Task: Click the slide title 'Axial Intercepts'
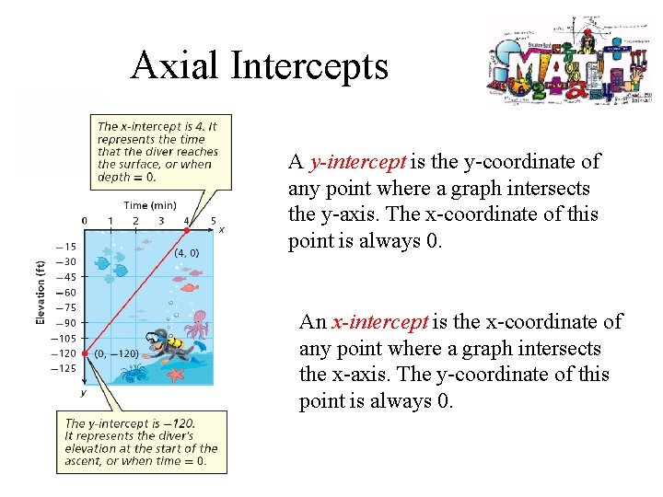[260, 66]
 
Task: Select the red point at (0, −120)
[85, 353]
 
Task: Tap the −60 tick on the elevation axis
[64, 292]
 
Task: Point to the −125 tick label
[64, 368]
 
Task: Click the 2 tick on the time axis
[135, 221]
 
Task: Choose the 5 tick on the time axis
[214, 221]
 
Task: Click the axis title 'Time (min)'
[151, 205]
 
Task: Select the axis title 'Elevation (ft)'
[40, 292]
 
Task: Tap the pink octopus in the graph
[196, 327]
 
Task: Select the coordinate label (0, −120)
[116, 353]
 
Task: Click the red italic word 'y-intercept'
[357, 162]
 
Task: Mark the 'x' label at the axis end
[222, 229]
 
